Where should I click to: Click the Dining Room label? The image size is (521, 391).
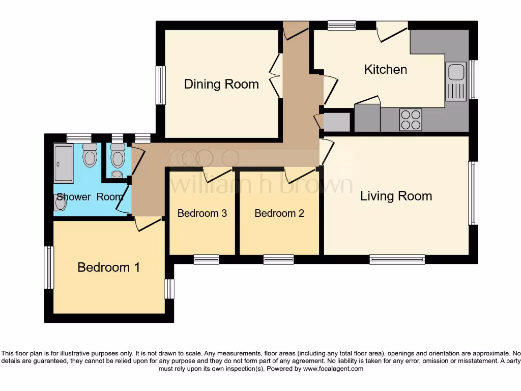[222, 84]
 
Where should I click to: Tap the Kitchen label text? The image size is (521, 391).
[386, 69]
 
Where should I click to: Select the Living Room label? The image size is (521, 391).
[396, 196]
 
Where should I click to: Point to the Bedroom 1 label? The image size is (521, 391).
[109, 267]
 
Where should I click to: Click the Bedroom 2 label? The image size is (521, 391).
[279, 213]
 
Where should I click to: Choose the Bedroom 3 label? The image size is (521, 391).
[202, 213]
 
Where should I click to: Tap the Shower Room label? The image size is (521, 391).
[90, 197]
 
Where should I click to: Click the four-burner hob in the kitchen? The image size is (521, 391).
[411, 120]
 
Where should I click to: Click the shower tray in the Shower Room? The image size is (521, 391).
[63, 163]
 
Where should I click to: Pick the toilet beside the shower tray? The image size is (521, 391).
[90, 155]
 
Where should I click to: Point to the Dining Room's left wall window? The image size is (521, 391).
[161, 85]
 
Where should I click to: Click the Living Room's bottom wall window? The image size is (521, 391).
[397, 259]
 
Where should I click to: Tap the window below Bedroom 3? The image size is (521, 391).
[207, 259]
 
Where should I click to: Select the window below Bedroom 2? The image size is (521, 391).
[278, 259]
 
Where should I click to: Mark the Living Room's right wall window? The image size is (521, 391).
[473, 193]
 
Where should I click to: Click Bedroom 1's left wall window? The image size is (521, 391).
[49, 267]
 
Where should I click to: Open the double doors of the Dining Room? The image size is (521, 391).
[275, 76]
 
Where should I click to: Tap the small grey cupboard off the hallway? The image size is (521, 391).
[337, 122]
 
